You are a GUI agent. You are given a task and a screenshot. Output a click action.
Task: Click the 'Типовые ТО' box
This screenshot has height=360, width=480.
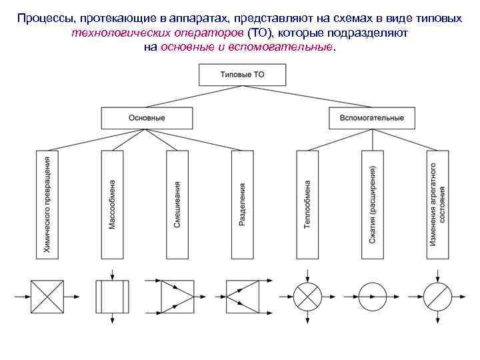(242, 75)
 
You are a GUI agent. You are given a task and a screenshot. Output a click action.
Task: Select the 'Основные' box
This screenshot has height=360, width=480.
(147, 118)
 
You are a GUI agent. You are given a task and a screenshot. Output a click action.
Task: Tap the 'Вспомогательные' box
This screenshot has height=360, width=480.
(371, 118)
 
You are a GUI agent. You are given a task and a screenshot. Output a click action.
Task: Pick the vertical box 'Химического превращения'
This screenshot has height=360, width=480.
(47, 204)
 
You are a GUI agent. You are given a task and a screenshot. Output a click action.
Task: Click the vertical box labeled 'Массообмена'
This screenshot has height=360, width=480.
(112, 204)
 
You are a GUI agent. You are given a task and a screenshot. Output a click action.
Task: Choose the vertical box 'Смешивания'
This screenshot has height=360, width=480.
(177, 204)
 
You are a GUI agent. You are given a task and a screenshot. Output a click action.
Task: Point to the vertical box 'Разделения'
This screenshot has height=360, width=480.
(242, 204)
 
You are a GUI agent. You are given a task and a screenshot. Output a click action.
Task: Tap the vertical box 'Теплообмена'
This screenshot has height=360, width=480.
(307, 204)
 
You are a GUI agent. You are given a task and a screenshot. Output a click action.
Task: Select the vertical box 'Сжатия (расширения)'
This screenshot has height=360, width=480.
(372, 204)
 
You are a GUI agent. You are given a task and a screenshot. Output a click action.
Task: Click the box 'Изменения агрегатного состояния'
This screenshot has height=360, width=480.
(437, 204)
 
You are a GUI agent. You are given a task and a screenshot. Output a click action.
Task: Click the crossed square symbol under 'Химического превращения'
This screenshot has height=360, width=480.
(47, 295)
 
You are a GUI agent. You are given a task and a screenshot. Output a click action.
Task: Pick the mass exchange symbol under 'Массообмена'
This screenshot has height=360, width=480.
(112, 295)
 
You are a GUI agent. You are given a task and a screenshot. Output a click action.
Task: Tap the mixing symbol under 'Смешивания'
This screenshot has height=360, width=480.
(177, 295)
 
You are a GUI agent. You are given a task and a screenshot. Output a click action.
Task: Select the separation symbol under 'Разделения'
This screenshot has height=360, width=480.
(242, 295)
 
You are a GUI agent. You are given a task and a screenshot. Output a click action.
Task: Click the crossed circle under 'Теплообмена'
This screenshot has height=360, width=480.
(307, 295)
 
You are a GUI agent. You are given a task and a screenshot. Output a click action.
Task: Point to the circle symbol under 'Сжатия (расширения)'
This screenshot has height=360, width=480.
(372, 295)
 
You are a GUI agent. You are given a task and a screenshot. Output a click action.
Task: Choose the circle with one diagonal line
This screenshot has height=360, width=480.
(437, 295)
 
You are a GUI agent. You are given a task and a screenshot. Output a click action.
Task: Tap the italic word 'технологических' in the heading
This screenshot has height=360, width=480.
(116, 33)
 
